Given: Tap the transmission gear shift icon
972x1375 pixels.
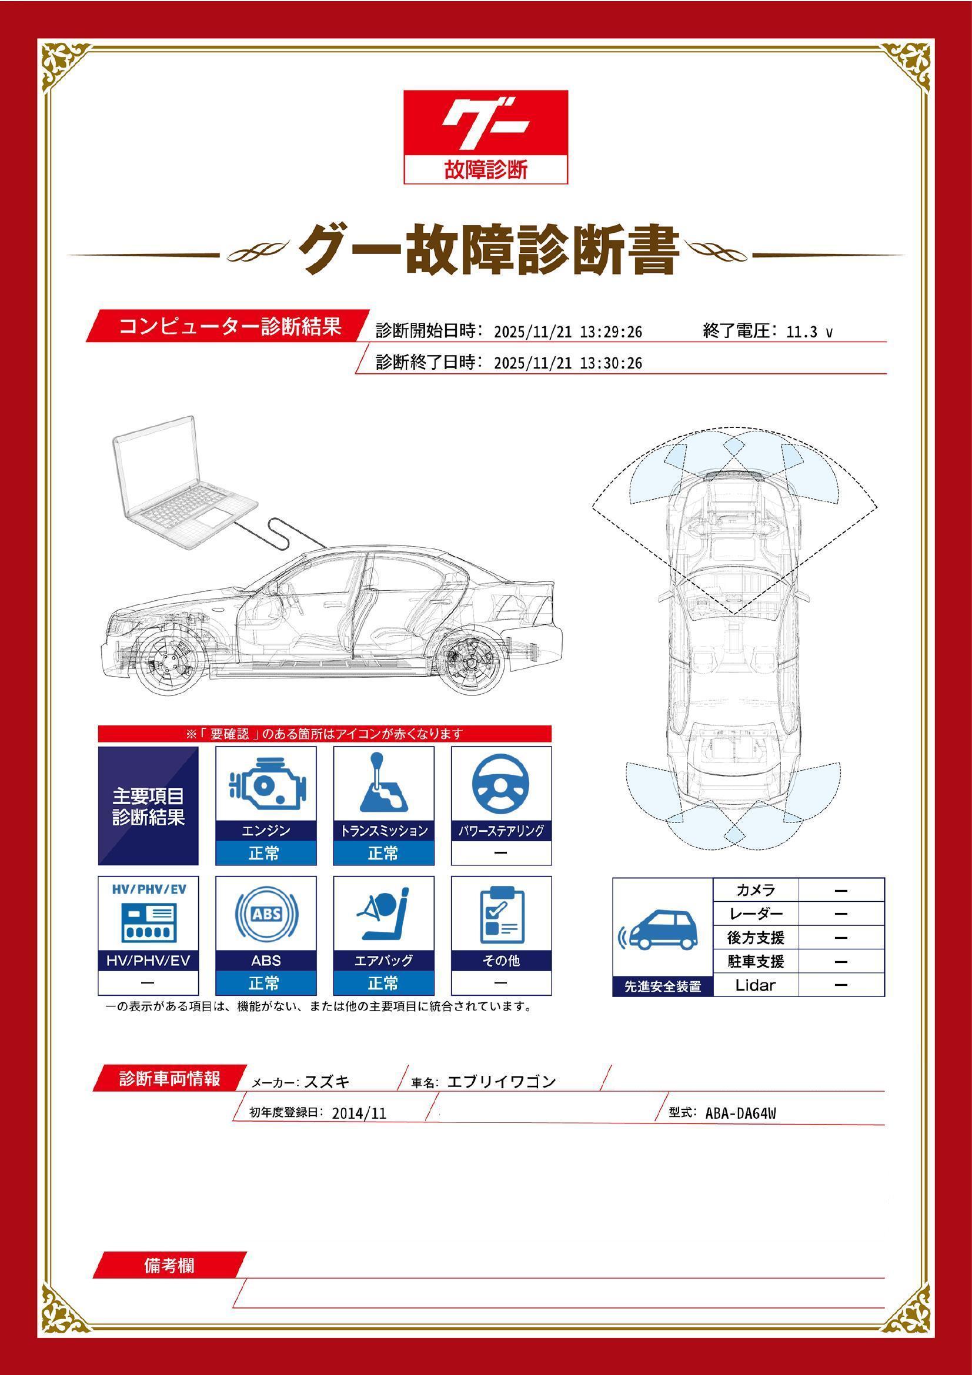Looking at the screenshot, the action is (x=383, y=782).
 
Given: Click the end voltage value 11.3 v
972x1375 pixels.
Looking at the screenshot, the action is (x=809, y=332).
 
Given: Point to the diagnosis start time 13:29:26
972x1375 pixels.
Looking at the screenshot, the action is (x=610, y=332).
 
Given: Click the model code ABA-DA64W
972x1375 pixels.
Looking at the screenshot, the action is (x=740, y=1113).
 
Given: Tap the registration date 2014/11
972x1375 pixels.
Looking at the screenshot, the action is (x=359, y=1113).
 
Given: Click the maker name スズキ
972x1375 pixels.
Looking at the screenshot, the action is (x=326, y=1082).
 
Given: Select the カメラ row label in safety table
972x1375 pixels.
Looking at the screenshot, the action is (x=755, y=890).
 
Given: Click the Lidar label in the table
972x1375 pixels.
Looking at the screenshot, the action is (x=755, y=985).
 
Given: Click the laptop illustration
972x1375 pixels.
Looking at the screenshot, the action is (x=180, y=482).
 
